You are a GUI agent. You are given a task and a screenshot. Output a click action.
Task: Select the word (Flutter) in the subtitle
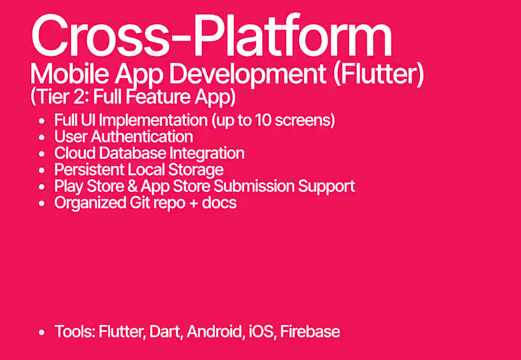pyautogui.click(x=378, y=76)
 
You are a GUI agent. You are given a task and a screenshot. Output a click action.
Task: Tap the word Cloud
pyautogui.click(x=74, y=154)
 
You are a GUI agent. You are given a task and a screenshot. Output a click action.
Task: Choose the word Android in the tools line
pyautogui.click(x=213, y=331)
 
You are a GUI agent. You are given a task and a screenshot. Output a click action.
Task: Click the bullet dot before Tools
pyautogui.click(x=42, y=332)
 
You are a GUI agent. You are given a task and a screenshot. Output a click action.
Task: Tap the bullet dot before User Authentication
pyautogui.click(x=42, y=137)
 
